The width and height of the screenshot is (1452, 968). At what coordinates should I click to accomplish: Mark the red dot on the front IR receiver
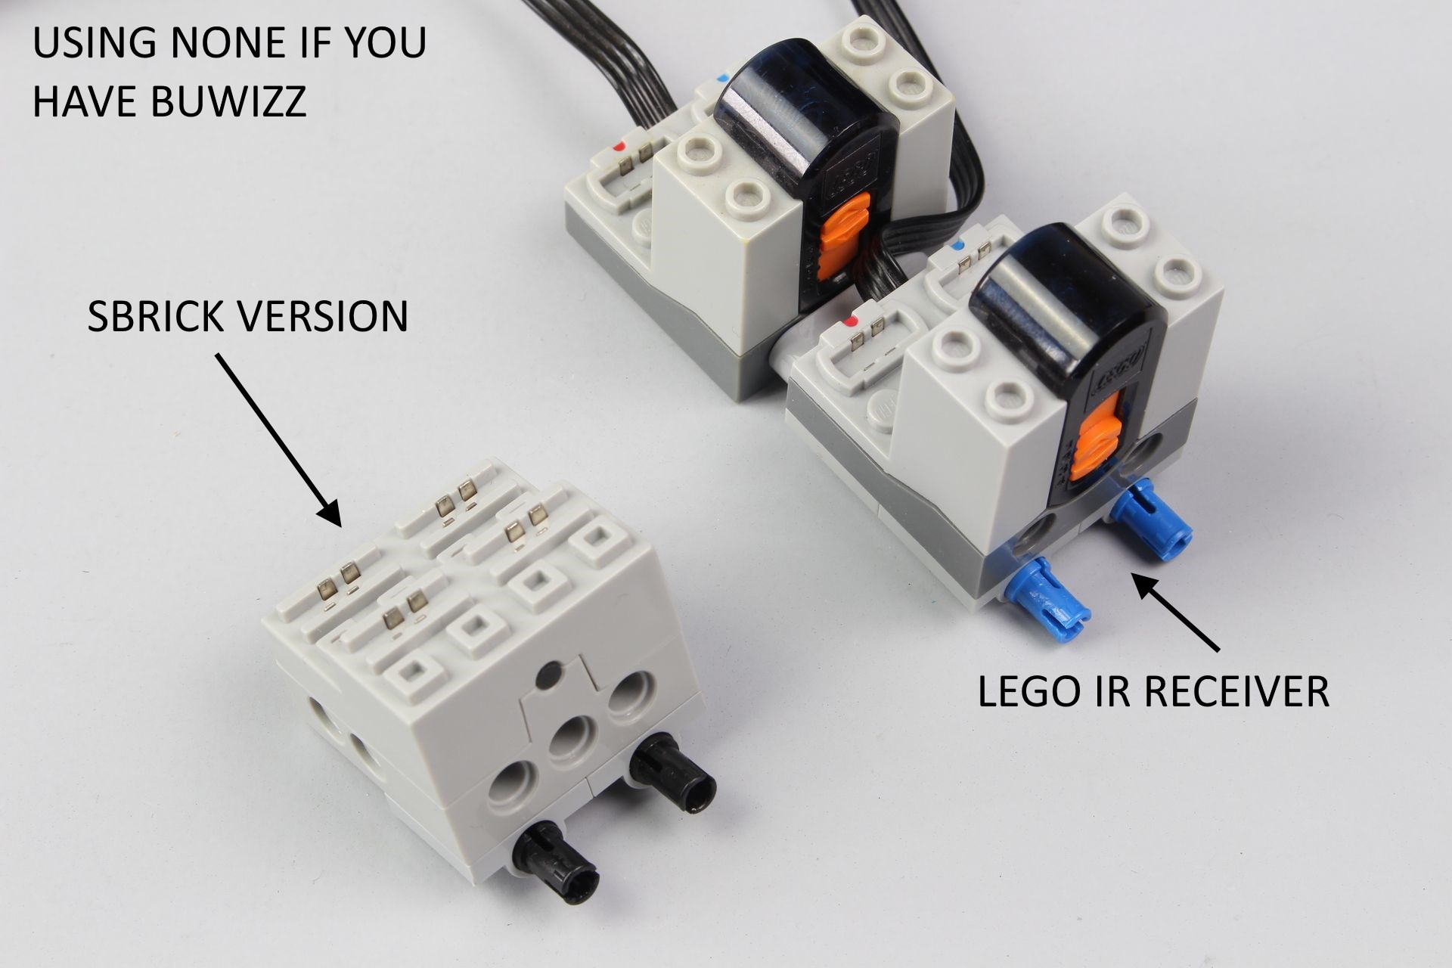(x=854, y=321)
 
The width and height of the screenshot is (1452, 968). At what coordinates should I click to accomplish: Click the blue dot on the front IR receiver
(x=960, y=246)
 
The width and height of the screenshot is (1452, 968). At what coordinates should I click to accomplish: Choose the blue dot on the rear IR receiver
(x=727, y=77)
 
